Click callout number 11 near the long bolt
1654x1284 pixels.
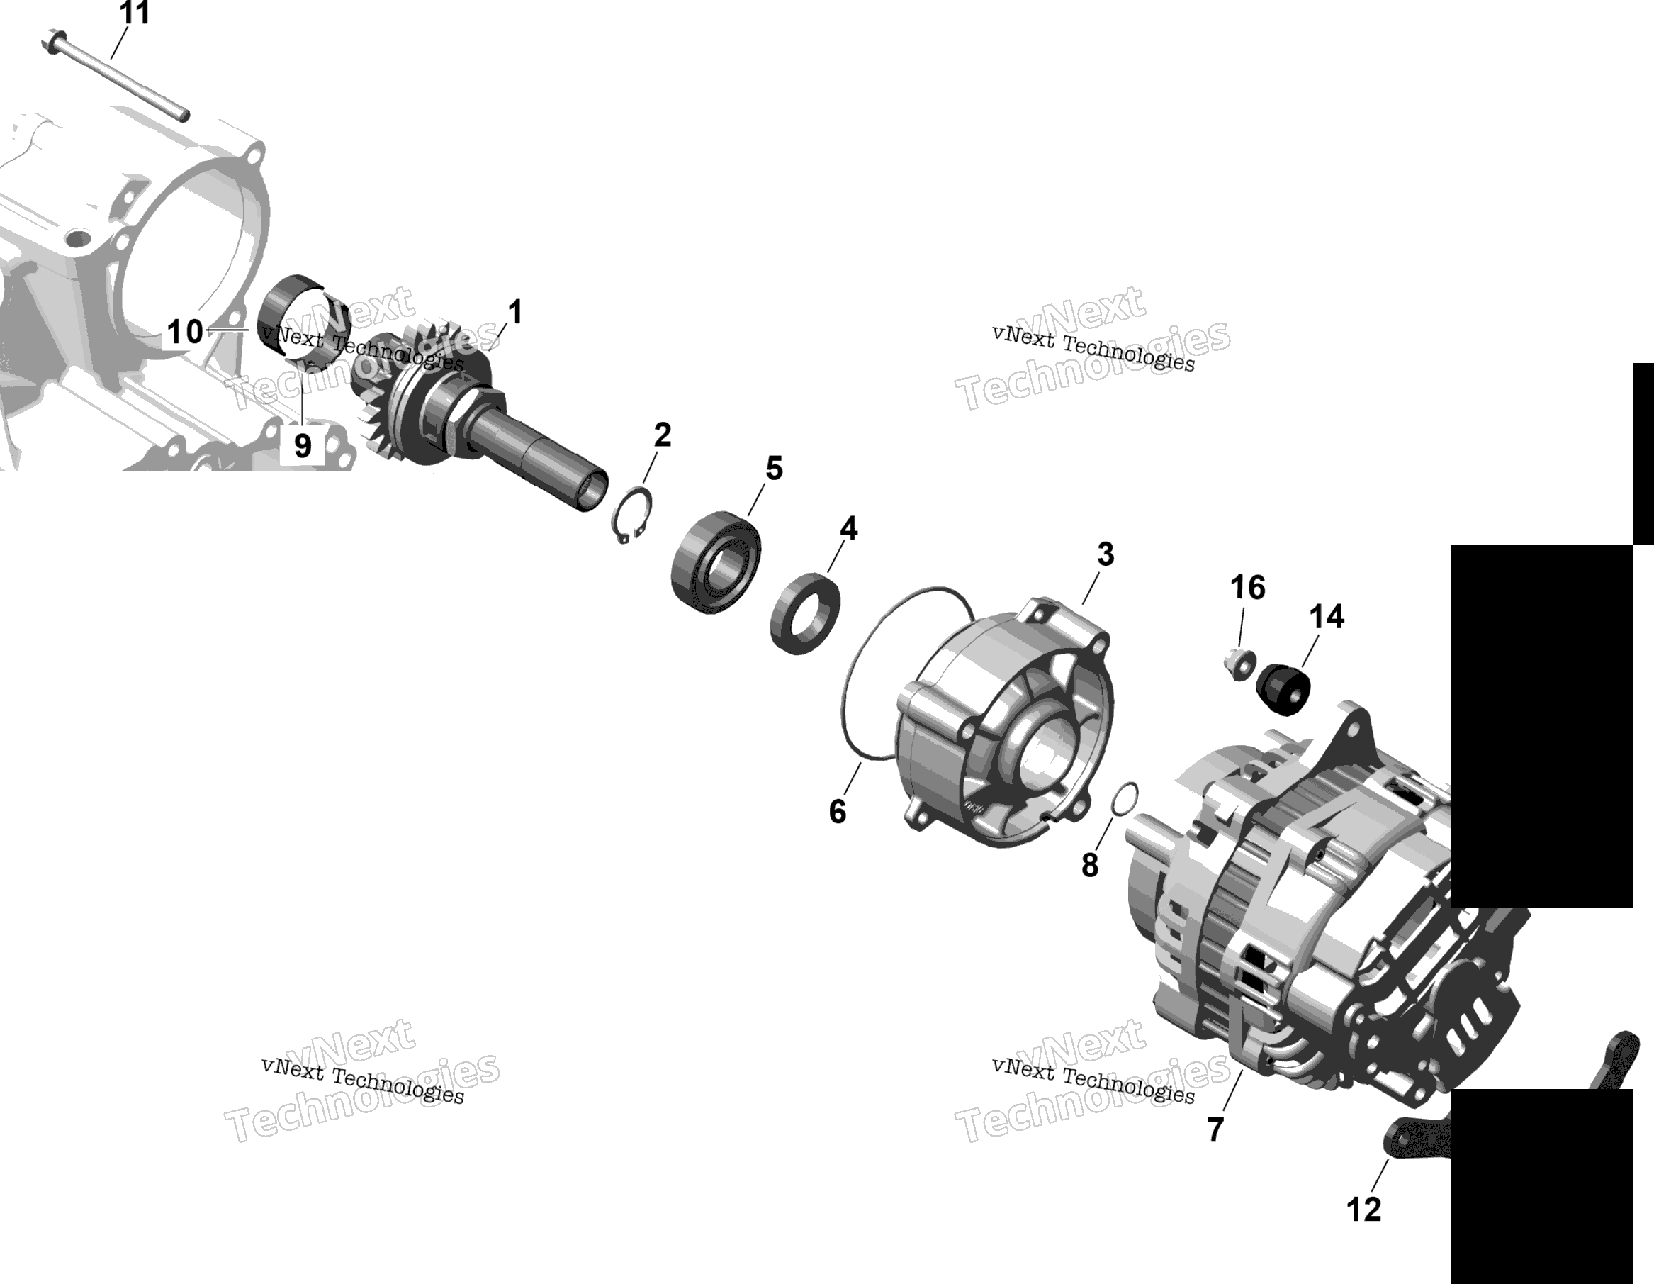(x=135, y=13)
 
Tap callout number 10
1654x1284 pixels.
(x=185, y=332)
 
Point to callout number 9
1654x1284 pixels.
(x=302, y=445)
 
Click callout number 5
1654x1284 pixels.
(x=774, y=468)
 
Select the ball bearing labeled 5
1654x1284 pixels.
(x=716, y=562)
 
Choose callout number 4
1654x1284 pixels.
(x=848, y=528)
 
